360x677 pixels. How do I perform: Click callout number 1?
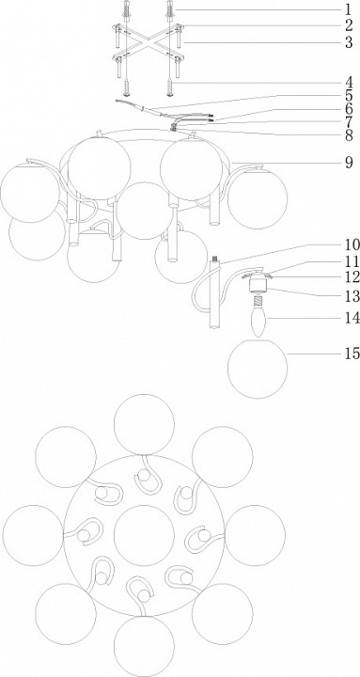coord(349,9)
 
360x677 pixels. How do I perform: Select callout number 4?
coord(349,82)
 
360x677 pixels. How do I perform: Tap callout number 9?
coord(349,163)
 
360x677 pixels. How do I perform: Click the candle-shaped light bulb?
coord(259,321)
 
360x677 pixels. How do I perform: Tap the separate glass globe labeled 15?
coord(258,369)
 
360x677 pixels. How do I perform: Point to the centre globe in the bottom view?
coord(144,535)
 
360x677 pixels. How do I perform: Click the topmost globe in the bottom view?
coord(144,425)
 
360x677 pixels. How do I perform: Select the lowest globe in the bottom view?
coord(144,647)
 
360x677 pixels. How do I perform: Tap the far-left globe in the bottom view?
coord(33,535)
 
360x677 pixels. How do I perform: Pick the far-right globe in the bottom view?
coord(255,535)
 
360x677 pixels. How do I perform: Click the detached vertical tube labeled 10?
coord(214,292)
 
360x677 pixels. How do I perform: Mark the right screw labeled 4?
coord(169,87)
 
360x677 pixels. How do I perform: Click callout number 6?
coord(349,109)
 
